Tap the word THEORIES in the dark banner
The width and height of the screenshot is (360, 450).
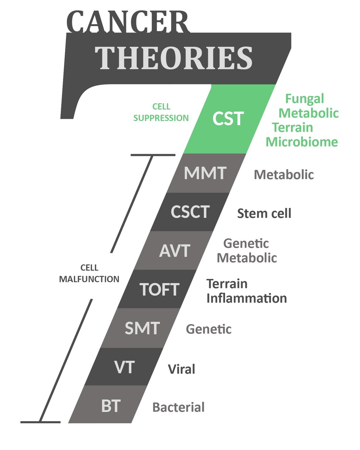[174, 58]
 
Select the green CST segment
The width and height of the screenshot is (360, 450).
[228, 119]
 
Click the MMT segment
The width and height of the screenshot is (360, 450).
[205, 173]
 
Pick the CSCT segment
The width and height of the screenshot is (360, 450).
[190, 212]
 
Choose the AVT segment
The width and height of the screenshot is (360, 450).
[175, 251]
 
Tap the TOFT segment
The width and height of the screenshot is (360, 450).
[160, 289]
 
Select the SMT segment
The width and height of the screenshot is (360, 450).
[142, 328]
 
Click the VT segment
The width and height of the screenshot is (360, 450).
[124, 367]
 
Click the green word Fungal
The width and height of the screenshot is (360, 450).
[304, 99]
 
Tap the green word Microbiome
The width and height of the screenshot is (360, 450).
[302, 142]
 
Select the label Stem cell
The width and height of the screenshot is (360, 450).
[264, 213]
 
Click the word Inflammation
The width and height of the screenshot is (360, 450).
[246, 298]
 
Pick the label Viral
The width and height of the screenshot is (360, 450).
[181, 369]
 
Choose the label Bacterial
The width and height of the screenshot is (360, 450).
[178, 407]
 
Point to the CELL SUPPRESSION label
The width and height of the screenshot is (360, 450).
[161, 112]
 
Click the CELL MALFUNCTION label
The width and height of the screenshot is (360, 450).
[89, 274]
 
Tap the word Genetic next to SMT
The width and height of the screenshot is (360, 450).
[208, 329]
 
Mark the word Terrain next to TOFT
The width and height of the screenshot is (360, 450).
[227, 283]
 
